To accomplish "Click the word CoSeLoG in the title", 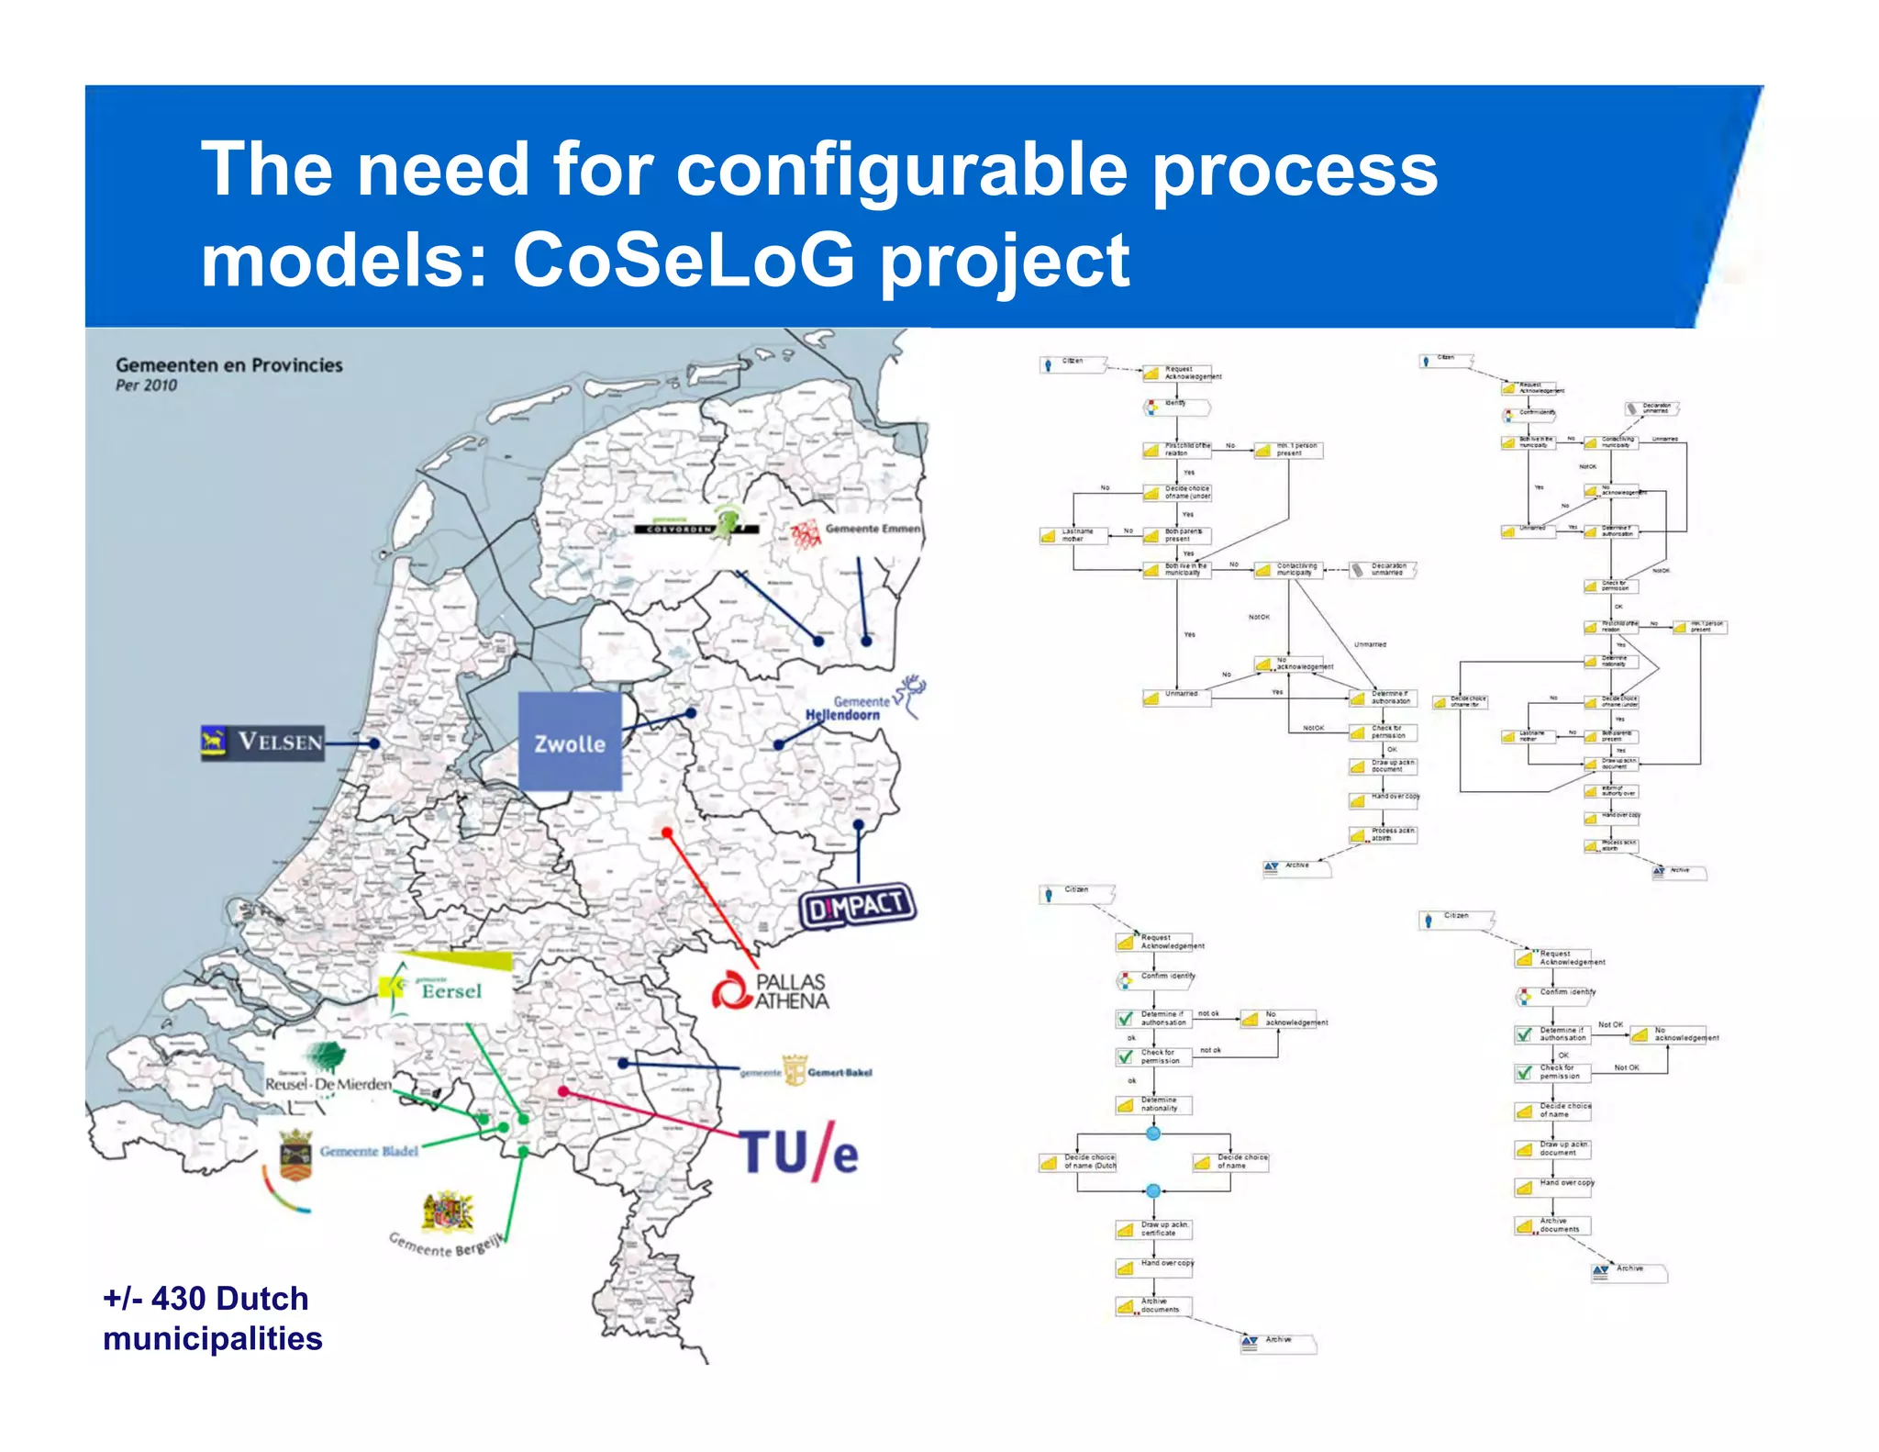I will [x=684, y=261].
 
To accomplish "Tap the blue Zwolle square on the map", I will [x=570, y=742].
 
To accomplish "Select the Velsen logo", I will [x=262, y=742].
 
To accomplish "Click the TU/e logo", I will [x=799, y=1151].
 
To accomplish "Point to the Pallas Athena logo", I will [x=771, y=991].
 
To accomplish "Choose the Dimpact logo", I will [x=857, y=907].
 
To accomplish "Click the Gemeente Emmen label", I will [x=872, y=529].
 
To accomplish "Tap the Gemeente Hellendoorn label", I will [x=844, y=709].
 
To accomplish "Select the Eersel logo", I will [x=446, y=988].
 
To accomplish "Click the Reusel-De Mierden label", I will [x=328, y=1084].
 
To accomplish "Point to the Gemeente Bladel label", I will [x=368, y=1151].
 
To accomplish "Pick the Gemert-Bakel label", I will [x=838, y=1072].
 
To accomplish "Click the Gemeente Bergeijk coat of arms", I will [x=448, y=1212].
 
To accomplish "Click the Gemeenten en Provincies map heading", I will [x=228, y=365].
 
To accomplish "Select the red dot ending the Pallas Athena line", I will [x=667, y=832].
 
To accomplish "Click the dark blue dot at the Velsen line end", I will [x=374, y=743].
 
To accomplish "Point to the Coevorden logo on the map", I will [x=697, y=527].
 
